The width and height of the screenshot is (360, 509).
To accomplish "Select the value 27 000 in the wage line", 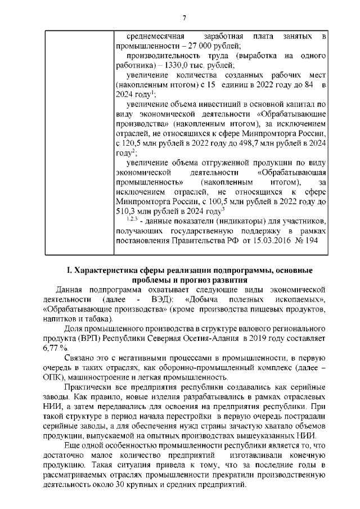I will point(197,46).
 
